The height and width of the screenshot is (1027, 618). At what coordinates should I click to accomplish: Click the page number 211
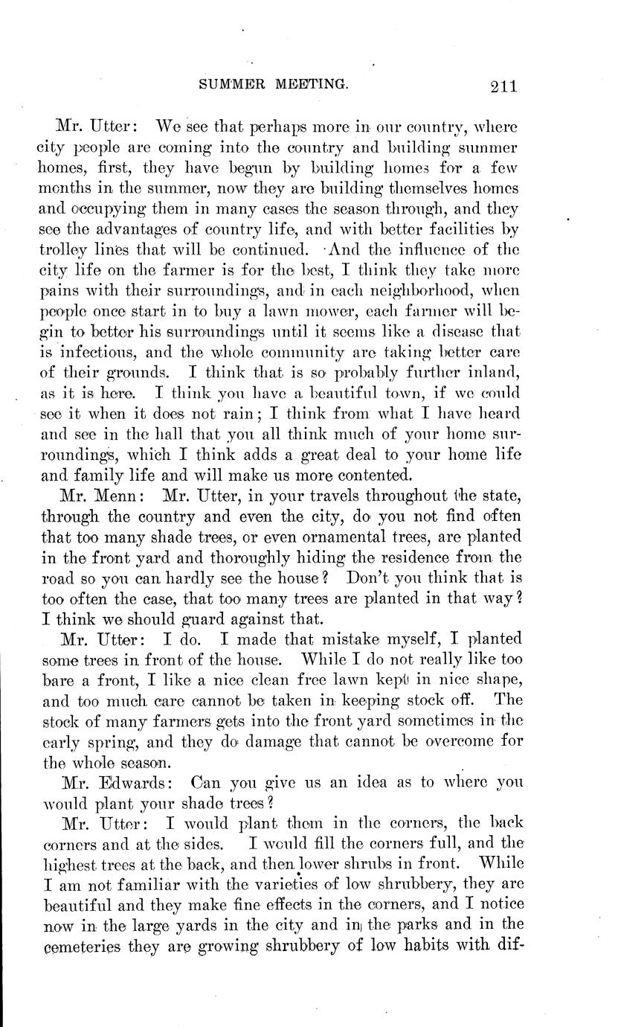[x=503, y=86]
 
